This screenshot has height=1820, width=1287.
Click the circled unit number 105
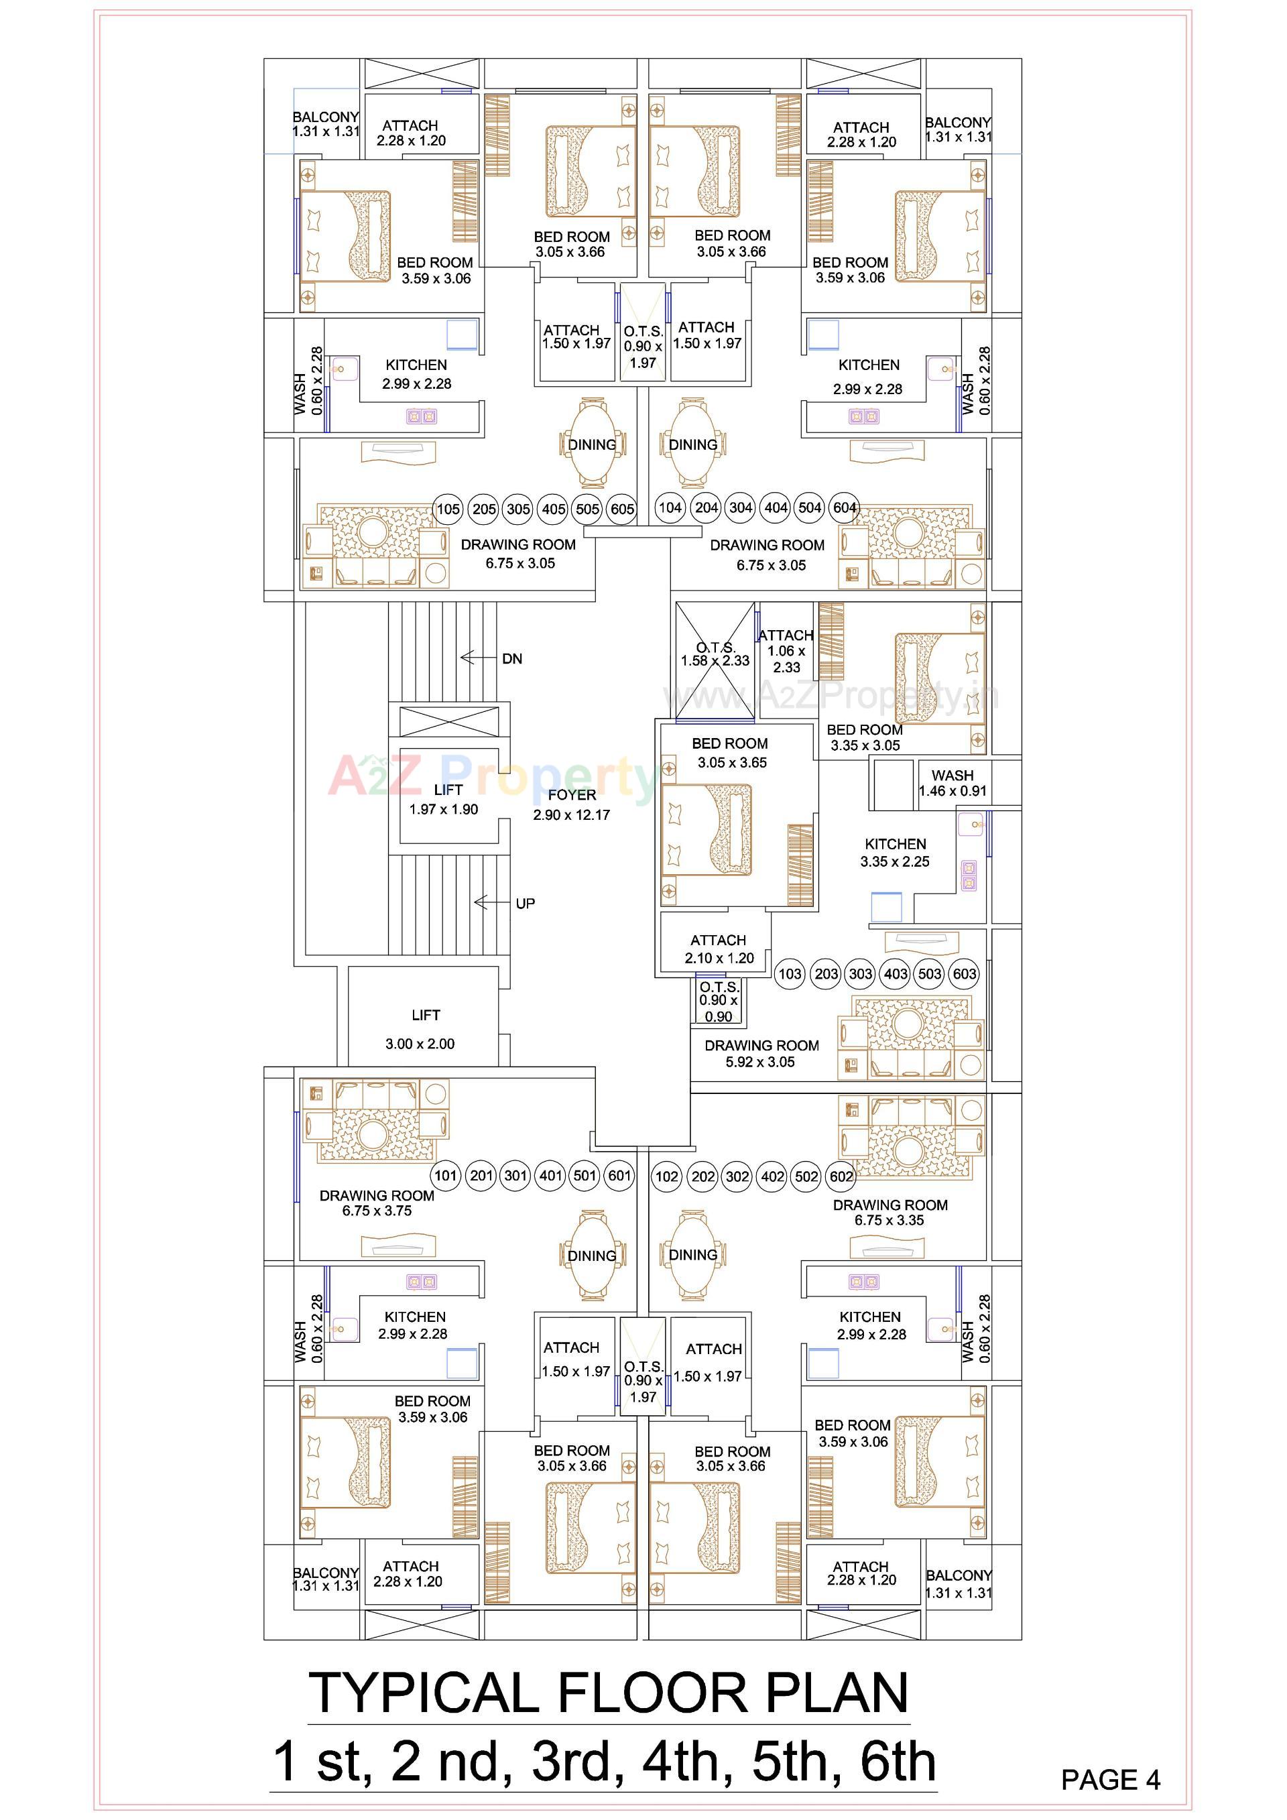[448, 509]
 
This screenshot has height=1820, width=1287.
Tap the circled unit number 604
[845, 508]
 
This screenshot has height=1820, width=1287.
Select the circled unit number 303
[861, 973]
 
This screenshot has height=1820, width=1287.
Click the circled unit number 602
[841, 1176]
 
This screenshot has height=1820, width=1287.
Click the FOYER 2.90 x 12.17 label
[571, 804]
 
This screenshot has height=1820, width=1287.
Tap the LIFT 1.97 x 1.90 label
[444, 800]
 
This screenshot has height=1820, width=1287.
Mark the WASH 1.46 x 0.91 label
[953, 783]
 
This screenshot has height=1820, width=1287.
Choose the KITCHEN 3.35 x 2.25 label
[896, 853]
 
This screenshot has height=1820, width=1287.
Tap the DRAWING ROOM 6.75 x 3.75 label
[377, 1203]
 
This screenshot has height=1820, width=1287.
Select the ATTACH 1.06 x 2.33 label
[786, 651]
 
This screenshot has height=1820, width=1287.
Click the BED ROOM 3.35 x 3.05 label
[865, 737]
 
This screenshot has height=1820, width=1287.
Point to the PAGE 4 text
[1109, 1780]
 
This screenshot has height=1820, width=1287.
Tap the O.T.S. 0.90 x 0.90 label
[719, 1001]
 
